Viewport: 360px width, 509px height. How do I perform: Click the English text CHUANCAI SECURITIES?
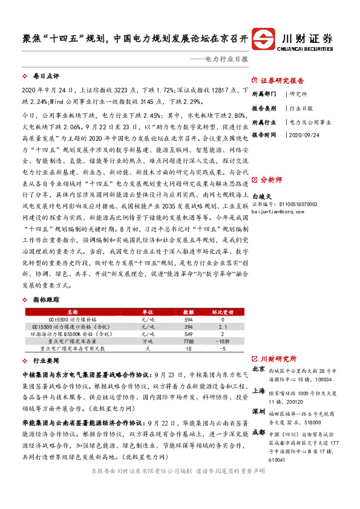(x=308, y=45)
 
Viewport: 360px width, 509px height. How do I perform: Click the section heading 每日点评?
(x=47, y=77)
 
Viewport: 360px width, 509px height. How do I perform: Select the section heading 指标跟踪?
(x=47, y=299)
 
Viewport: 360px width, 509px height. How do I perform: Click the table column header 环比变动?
(x=222, y=311)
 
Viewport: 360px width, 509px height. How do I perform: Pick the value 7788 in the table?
(x=188, y=342)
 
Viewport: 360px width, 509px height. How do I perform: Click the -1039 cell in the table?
(x=222, y=342)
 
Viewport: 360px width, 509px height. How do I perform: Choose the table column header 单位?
(x=146, y=311)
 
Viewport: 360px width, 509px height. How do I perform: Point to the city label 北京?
(x=258, y=369)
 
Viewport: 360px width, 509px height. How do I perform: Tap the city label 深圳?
(x=258, y=411)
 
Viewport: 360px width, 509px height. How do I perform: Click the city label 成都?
(x=258, y=433)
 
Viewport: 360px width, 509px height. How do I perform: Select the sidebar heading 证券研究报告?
(x=282, y=80)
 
